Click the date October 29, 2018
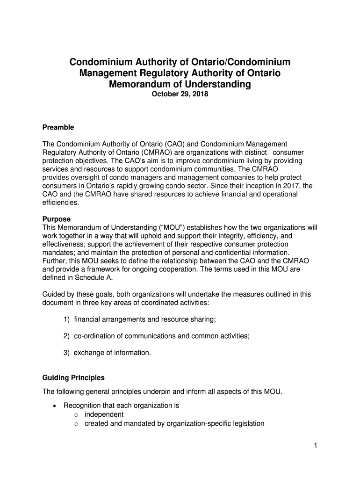(x=180, y=94)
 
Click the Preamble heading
(x=58, y=127)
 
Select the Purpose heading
(x=57, y=219)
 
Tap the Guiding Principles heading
(x=73, y=377)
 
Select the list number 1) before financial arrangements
(x=67, y=319)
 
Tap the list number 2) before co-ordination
(x=67, y=336)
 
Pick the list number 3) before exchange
(x=67, y=353)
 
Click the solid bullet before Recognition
(x=56, y=406)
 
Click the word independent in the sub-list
(x=104, y=414)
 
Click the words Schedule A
(x=96, y=277)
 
